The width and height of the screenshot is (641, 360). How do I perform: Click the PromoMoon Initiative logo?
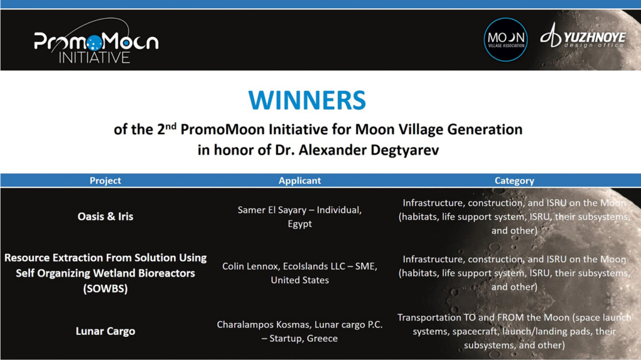coord(96,41)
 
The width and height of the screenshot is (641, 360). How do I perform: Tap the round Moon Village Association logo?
coord(506,39)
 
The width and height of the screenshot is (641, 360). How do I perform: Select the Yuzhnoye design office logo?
coord(583,36)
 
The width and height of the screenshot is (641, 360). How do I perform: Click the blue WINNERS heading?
coord(307,100)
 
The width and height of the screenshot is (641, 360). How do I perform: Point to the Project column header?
coord(105,180)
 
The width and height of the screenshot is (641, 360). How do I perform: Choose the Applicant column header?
coord(300,180)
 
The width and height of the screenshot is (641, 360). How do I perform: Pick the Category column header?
coord(515,180)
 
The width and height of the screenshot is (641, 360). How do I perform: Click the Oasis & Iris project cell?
coord(105,217)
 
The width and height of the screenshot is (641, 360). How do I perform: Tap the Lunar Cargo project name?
coord(105,331)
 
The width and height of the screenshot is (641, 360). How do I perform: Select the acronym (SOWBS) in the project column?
coord(105,289)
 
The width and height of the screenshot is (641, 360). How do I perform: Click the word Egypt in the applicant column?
coord(300,224)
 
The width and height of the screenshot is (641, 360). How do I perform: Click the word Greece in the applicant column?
coord(322,338)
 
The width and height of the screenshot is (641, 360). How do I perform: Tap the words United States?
coord(300,280)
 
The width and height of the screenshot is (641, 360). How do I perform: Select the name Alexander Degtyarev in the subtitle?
coord(369,150)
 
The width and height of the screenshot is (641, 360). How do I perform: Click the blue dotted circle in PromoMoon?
coord(95,43)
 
